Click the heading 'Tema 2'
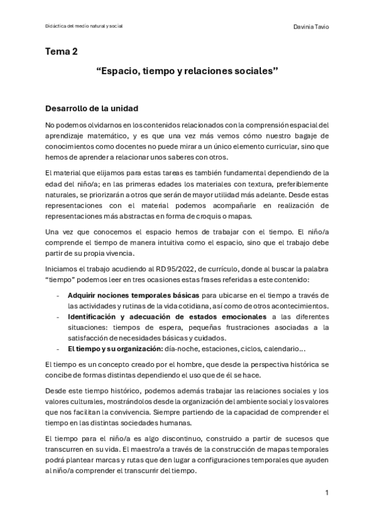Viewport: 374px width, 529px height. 61,52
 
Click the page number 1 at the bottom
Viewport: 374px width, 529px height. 327,493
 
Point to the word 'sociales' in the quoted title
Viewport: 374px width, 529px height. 256,72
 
